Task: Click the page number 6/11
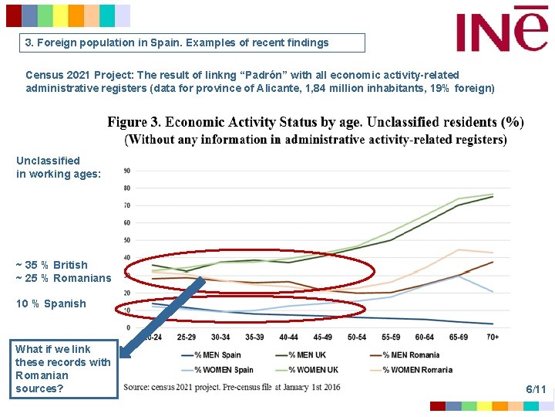[536, 389]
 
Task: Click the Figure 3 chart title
[315, 130]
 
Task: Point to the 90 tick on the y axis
[126, 171]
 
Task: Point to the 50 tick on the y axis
[126, 240]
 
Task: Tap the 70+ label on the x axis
[492, 337]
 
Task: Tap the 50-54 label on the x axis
[357, 337]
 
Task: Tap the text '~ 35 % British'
[52, 265]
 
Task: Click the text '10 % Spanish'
[51, 303]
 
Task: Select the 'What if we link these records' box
[64, 368]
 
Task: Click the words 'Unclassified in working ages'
[58, 168]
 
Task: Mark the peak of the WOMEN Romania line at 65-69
[459, 249]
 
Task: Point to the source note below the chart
[231, 386]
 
